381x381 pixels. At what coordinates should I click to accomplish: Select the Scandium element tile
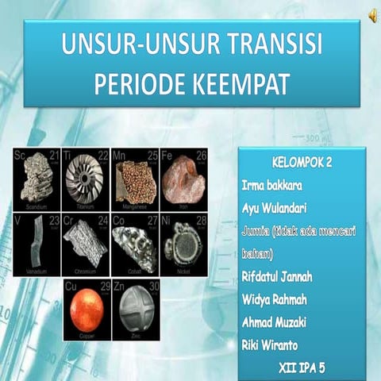[x=37, y=179]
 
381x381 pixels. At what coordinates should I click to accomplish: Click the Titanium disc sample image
[x=86, y=179]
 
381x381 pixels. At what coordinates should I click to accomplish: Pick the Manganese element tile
[x=135, y=179]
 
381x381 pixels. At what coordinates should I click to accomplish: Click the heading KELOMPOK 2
[x=302, y=163]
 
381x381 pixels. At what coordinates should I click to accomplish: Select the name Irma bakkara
[x=272, y=186]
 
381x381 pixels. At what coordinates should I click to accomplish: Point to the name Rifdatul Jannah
[x=279, y=276]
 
